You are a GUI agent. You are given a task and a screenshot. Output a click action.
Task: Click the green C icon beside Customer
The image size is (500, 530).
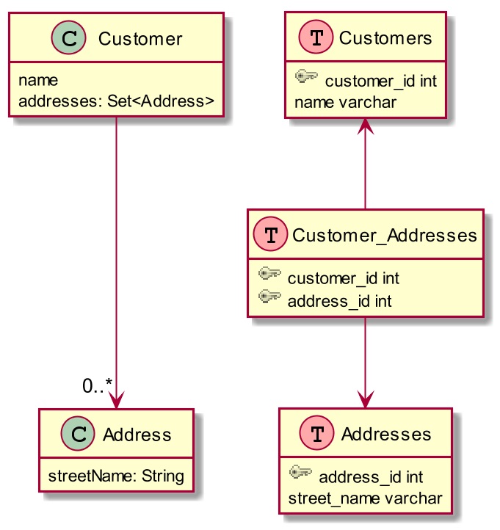[68, 38]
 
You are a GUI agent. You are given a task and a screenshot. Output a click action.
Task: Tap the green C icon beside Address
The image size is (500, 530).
[78, 433]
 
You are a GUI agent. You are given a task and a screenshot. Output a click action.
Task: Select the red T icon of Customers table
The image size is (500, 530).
[316, 37]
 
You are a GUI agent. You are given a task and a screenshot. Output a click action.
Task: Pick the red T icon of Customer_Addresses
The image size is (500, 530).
[270, 234]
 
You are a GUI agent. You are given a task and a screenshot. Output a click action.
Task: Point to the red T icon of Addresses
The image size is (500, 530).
[316, 432]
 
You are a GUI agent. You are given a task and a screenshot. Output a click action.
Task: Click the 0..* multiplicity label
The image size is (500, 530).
[97, 385]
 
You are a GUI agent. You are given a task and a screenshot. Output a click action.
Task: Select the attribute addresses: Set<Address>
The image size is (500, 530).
[116, 101]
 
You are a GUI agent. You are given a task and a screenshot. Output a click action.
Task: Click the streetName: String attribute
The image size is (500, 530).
[116, 476]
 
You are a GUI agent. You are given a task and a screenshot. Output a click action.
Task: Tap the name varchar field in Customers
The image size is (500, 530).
[345, 103]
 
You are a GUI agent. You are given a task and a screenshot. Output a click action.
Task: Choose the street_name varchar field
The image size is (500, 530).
[365, 498]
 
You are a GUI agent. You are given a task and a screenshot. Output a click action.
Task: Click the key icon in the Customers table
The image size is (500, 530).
[306, 76]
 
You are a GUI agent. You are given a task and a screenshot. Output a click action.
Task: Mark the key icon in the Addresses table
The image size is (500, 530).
[300, 472]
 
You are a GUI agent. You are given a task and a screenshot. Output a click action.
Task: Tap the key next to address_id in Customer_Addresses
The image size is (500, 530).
[269, 297]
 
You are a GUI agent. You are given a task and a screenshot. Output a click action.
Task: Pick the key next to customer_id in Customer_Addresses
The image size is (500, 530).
[269, 273]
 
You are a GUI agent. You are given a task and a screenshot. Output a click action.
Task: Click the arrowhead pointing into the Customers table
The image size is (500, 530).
[366, 126]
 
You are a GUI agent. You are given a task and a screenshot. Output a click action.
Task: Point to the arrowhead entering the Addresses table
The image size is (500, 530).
[366, 399]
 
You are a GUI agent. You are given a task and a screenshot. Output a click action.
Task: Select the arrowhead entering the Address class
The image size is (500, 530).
[116, 400]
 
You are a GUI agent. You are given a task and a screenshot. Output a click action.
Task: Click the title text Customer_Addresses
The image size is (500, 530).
[385, 235]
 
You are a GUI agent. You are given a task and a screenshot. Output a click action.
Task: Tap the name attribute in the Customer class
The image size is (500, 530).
[38, 81]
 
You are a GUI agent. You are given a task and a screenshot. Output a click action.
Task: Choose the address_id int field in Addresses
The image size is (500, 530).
[371, 477]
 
